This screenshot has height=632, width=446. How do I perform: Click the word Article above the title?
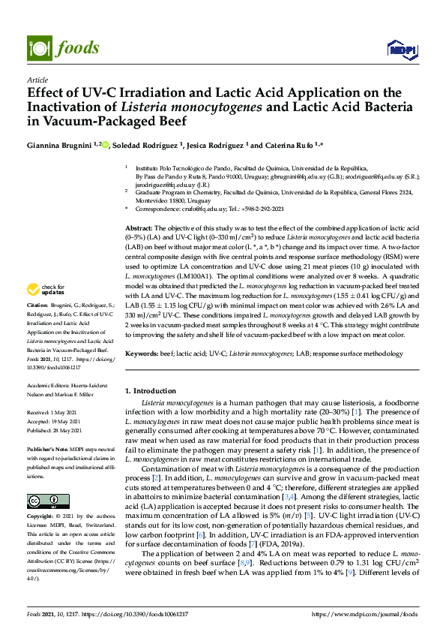37,79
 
